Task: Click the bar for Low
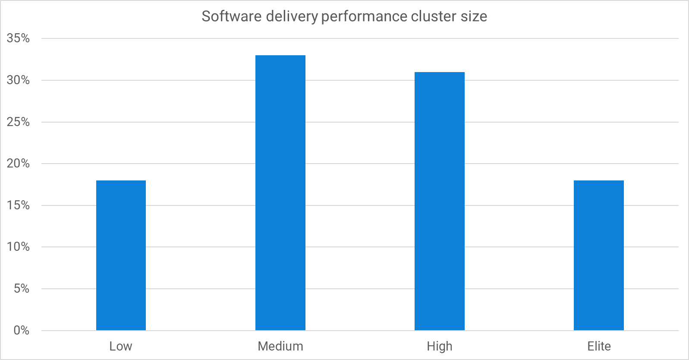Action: [x=121, y=256]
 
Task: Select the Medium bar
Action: [x=280, y=193]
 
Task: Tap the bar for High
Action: [x=440, y=201]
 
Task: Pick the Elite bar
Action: [x=599, y=256]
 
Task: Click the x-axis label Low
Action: [x=121, y=346]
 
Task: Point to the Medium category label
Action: [x=280, y=346]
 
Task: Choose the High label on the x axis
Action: [x=440, y=346]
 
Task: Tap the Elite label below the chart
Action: [x=599, y=346]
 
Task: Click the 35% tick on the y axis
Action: [x=18, y=38]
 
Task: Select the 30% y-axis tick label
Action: [x=18, y=80]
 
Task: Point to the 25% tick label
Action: [x=18, y=122]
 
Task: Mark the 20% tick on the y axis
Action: [x=18, y=164]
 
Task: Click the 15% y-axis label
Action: [x=18, y=205]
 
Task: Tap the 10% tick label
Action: [x=18, y=247]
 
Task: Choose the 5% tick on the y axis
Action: [x=21, y=289]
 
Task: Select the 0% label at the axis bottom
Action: [x=21, y=331]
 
